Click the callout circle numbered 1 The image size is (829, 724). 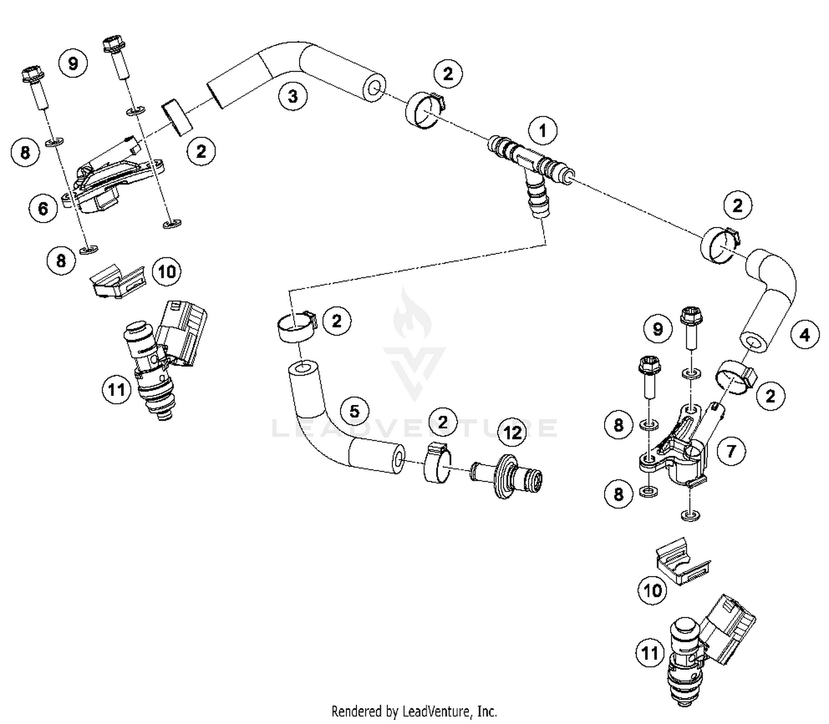pos(542,131)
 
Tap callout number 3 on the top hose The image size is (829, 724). pos(292,96)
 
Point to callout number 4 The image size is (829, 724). pos(804,335)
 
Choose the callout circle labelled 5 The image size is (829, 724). pos(354,411)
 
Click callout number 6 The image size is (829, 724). pos(43,208)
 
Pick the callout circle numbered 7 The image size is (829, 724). pos(731,451)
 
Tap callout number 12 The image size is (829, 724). pos(513,431)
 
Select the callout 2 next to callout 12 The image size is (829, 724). pos(442,422)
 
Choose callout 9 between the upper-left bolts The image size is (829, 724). pos(73,64)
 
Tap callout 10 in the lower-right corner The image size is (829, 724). pos(652,590)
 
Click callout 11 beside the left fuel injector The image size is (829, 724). pos(116,390)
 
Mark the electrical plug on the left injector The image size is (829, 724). pos(182,331)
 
